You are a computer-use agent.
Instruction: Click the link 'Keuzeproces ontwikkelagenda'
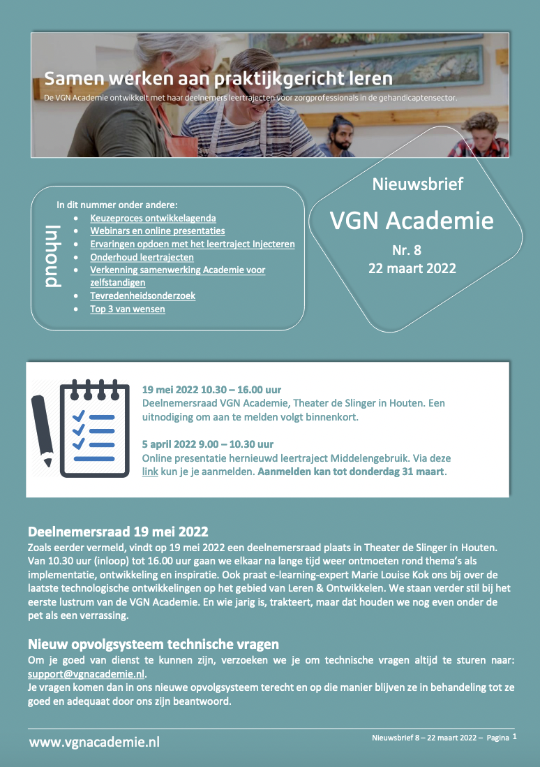153,218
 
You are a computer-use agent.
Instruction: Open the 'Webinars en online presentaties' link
157,231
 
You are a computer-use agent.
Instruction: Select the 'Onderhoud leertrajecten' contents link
142,257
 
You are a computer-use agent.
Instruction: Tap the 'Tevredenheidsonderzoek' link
142,295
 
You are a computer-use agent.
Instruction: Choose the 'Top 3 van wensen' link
128,308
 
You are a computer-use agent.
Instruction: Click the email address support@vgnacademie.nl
86,673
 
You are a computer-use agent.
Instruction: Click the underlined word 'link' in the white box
149,472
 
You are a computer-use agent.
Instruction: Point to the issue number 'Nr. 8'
406,250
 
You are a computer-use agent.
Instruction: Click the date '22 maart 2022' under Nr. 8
412,268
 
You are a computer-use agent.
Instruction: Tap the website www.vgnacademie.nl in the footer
94,741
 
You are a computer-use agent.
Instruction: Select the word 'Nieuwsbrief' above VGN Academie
417,184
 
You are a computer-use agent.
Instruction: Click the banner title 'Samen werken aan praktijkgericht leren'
218,78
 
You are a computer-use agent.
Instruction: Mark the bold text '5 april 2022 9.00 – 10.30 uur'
207,444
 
